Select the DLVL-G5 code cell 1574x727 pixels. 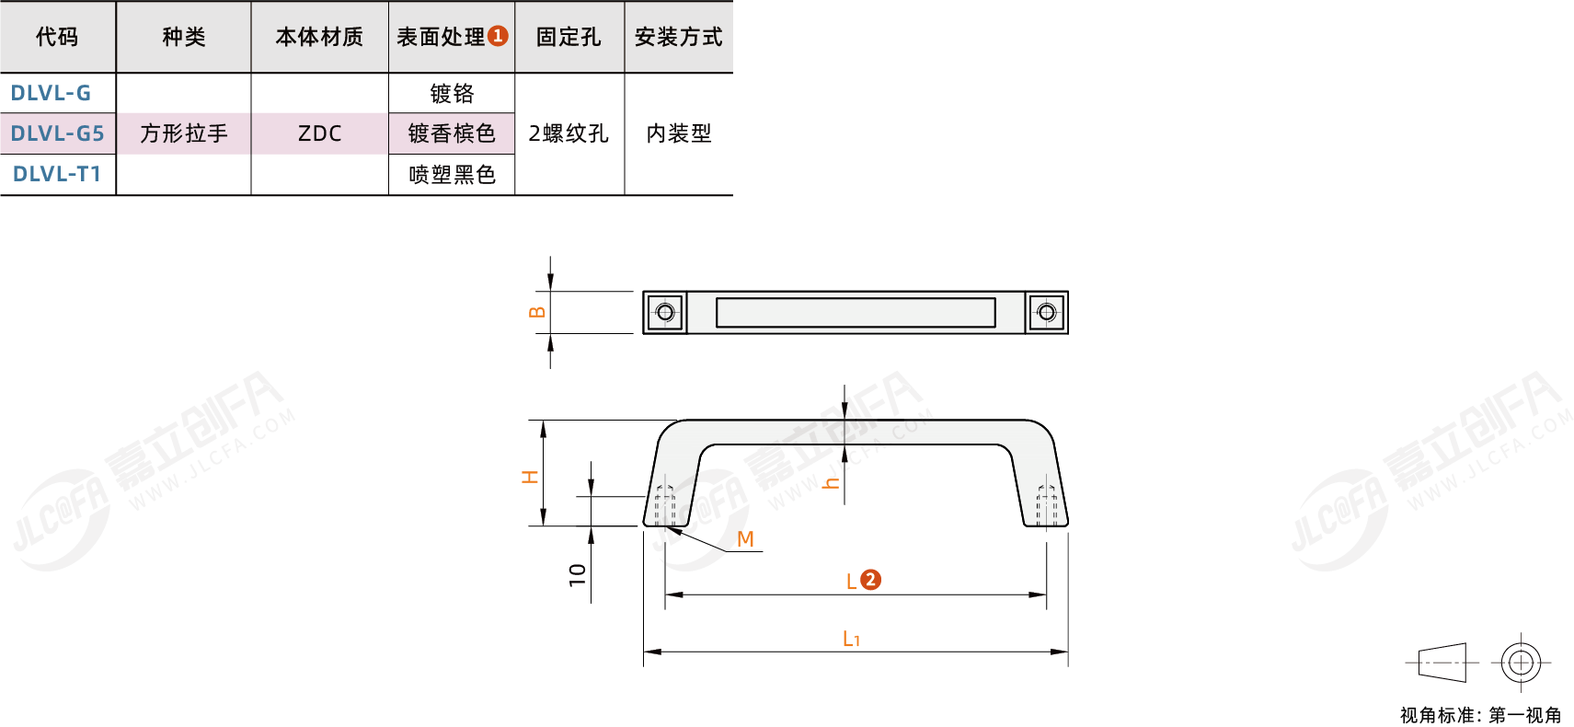click(x=57, y=133)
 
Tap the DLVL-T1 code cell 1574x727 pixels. click(x=57, y=174)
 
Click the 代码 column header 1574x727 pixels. click(x=57, y=37)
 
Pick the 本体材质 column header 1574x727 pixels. click(x=320, y=37)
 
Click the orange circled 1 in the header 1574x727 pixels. click(x=498, y=36)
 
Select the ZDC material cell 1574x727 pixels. click(x=320, y=133)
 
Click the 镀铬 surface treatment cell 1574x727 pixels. click(x=452, y=93)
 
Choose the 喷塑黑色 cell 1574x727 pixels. click(x=452, y=174)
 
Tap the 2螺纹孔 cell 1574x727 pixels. click(x=569, y=133)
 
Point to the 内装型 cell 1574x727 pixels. click(x=679, y=133)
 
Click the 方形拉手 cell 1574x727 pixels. click(x=183, y=133)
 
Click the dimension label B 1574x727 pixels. click(x=537, y=312)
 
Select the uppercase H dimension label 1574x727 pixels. click(x=530, y=477)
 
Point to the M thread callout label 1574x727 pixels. click(x=745, y=539)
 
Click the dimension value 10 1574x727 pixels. click(x=577, y=574)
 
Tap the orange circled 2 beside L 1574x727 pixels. click(x=870, y=580)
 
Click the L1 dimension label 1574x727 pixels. click(x=851, y=639)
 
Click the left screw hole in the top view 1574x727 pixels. click(x=665, y=312)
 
